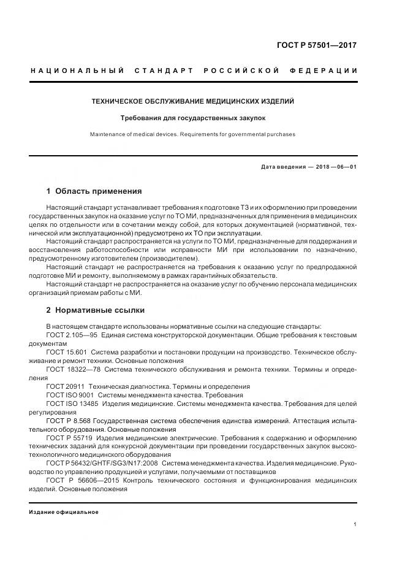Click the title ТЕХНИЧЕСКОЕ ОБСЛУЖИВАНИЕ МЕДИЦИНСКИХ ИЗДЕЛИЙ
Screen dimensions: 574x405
193,101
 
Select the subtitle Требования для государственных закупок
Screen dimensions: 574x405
193,117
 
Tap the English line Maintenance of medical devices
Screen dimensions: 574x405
193,134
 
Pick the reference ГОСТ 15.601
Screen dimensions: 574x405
66,353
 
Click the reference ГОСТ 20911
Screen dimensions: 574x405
65,387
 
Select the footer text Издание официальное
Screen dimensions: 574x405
63,512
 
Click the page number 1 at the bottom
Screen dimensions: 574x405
355,524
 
